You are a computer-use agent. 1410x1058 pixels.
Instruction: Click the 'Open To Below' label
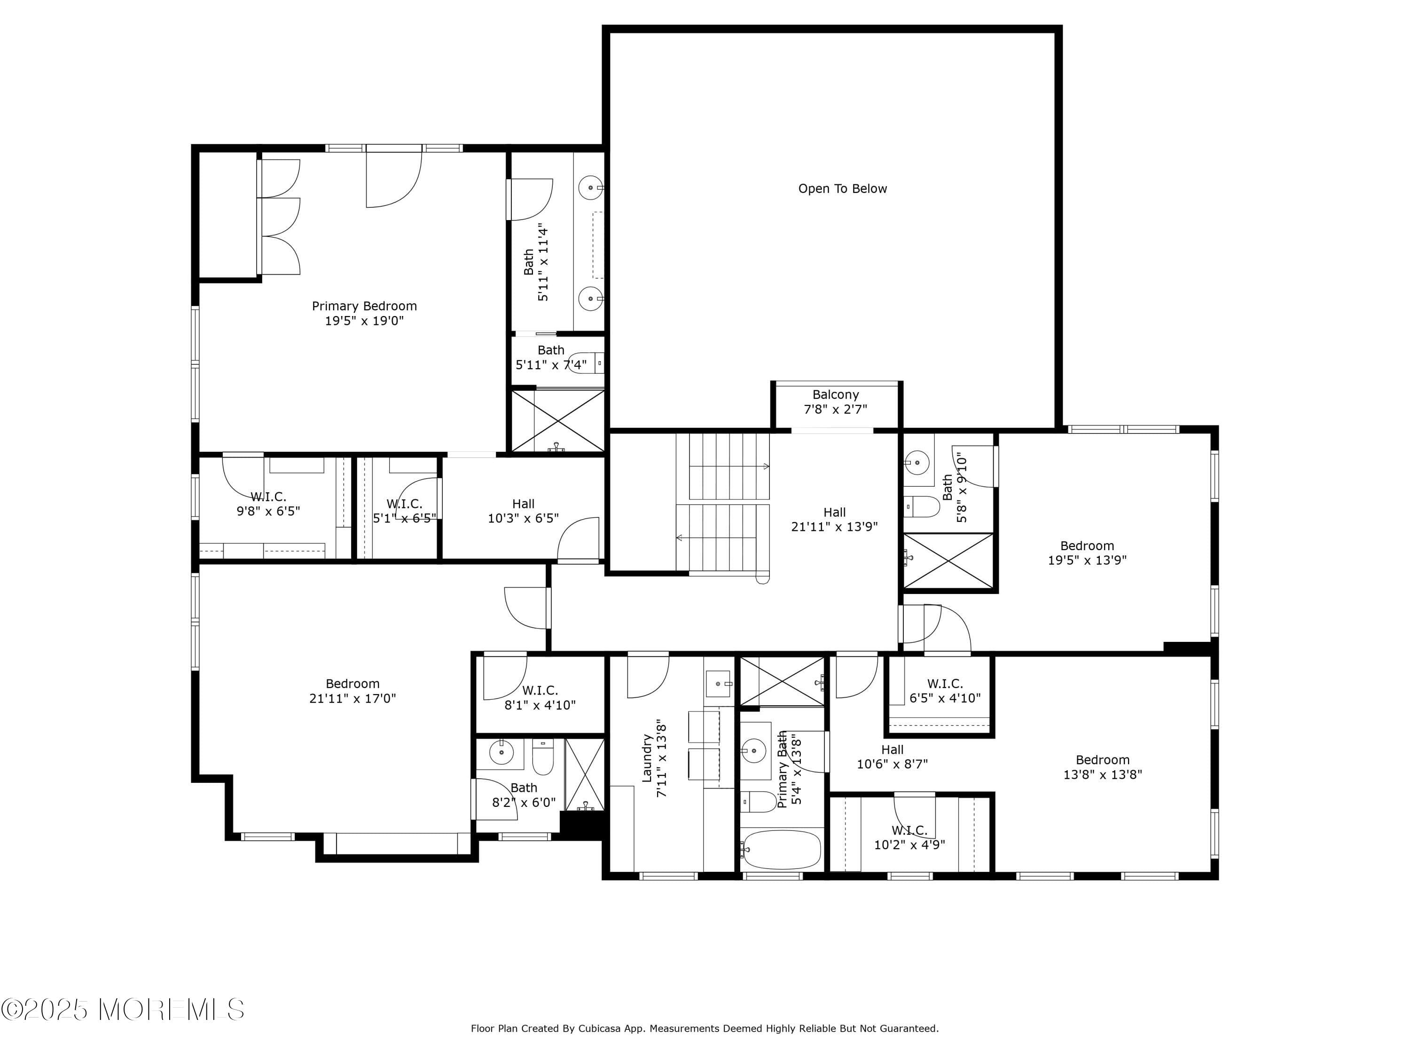tap(842, 189)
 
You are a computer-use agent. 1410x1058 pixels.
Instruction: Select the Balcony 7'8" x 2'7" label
tap(835, 402)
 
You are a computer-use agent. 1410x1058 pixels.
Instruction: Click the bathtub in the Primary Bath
tap(782, 850)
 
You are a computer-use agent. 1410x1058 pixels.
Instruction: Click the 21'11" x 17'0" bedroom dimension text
tap(352, 698)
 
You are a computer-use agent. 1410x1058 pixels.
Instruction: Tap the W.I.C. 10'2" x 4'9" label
tap(909, 837)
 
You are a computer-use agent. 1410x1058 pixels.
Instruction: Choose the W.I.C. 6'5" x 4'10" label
tap(945, 691)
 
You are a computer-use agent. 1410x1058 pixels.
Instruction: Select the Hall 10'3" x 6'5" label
tap(523, 511)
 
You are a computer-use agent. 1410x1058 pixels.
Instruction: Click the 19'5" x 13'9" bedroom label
tap(1087, 553)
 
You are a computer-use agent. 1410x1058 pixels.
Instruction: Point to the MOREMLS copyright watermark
tap(122, 1010)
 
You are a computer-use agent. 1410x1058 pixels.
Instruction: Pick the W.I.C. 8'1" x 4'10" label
tap(540, 698)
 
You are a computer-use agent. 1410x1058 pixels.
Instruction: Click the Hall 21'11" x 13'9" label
tap(834, 519)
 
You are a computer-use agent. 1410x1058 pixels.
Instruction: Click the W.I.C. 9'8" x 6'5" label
tap(268, 504)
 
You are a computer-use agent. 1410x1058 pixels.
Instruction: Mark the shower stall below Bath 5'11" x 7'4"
tap(558, 421)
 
